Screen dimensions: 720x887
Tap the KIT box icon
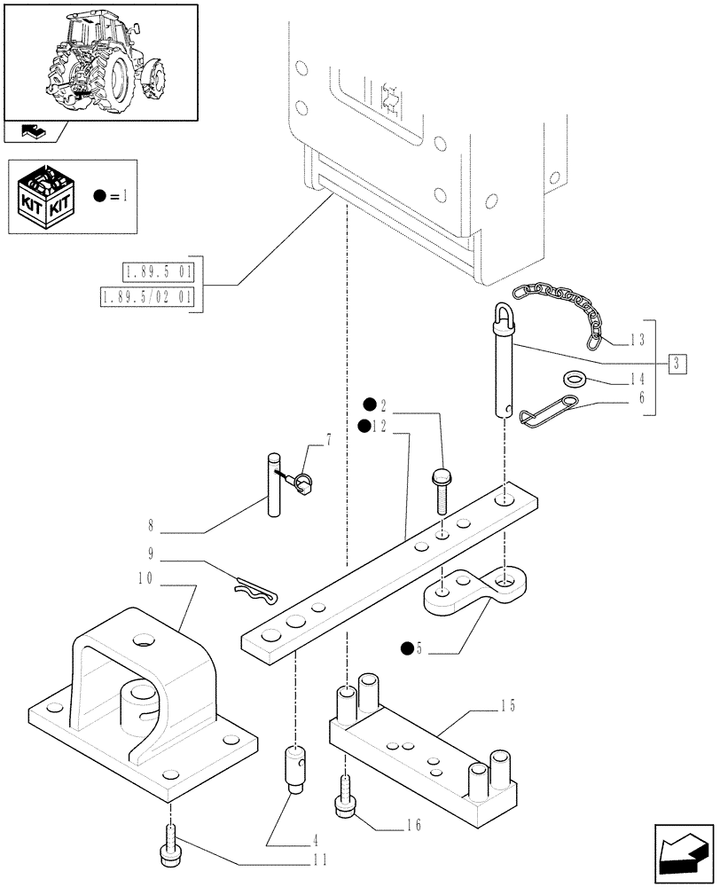pos(45,196)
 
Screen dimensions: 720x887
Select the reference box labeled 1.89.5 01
pos(158,272)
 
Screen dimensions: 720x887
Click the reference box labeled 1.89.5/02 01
pos(146,296)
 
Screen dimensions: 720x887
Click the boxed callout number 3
pos(677,363)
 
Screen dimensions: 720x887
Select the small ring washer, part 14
pos(575,379)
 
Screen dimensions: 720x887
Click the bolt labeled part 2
pos(441,490)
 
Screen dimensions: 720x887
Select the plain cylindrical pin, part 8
pos(274,485)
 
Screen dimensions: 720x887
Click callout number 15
pos(507,705)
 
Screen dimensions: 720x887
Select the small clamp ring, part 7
pos(305,483)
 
